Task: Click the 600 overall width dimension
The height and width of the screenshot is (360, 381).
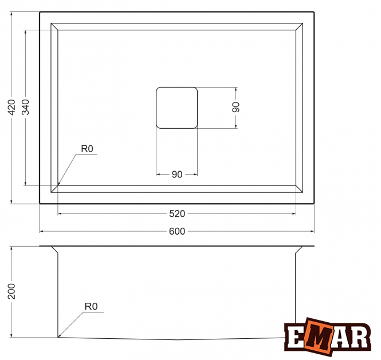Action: click(x=177, y=231)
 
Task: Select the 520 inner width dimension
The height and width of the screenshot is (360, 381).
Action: click(x=177, y=214)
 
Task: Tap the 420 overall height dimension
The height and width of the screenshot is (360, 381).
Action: click(x=11, y=107)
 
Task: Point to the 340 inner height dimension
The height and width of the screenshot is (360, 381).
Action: click(x=25, y=107)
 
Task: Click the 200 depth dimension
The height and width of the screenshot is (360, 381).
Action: click(x=11, y=291)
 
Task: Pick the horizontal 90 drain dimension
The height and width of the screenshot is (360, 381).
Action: click(x=177, y=175)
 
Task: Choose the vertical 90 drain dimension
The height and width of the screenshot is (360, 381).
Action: click(x=235, y=107)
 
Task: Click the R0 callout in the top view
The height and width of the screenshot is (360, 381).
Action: click(x=87, y=149)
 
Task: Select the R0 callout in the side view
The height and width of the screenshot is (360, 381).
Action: click(x=91, y=307)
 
